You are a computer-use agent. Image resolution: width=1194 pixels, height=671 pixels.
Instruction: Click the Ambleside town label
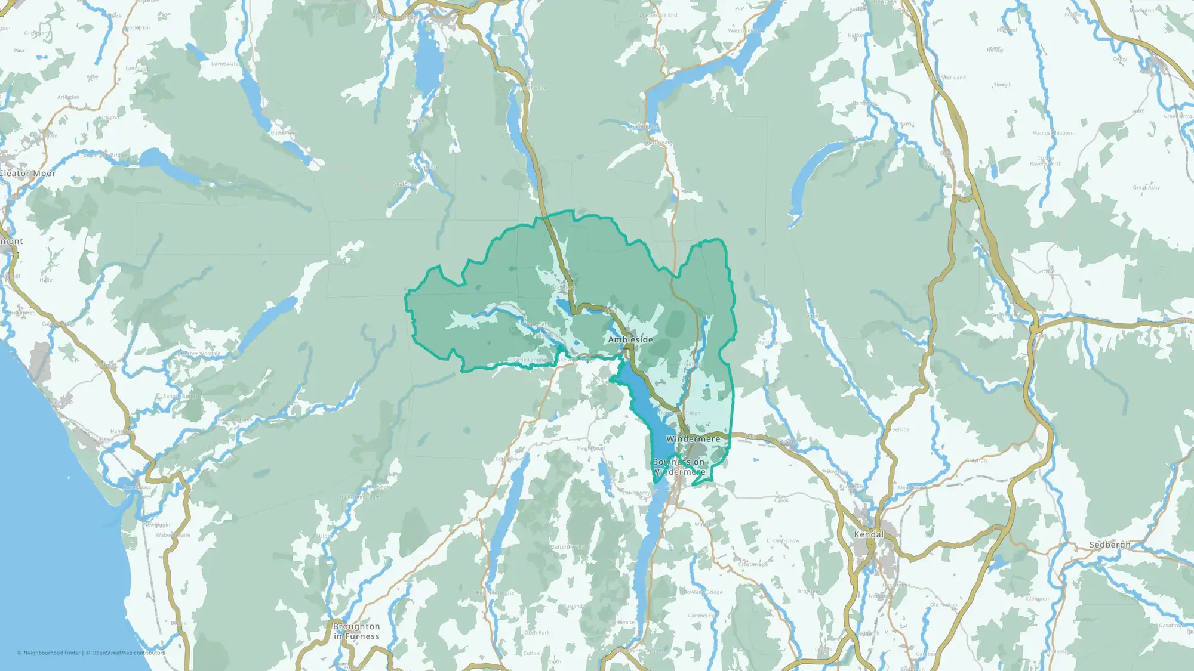pyautogui.click(x=630, y=339)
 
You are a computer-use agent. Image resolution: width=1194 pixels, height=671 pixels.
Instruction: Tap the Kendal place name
pyautogui.click(x=869, y=534)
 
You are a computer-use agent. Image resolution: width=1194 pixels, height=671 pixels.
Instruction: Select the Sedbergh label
pyautogui.click(x=1110, y=545)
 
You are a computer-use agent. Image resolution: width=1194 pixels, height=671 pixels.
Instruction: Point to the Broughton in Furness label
pyautogui.click(x=356, y=631)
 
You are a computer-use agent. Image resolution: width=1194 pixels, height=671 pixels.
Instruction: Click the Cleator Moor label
pyautogui.click(x=27, y=174)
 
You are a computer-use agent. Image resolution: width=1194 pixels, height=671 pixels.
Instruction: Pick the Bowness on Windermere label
pyautogui.click(x=679, y=466)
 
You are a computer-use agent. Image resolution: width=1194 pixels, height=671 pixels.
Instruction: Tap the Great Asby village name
pyautogui.click(x=1146, y=188)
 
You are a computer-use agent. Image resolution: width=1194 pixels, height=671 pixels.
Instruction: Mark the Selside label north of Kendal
pyautogui.click(x=900, y=429)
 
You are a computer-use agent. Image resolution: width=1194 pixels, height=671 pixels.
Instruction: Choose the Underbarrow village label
pyautogui.click(x=783, y=541)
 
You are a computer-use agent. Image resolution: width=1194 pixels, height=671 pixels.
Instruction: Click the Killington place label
pyautogui.click(x=1036, y=599)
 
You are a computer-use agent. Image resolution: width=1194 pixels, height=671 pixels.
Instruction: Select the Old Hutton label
pyautogui.click(x=943, y=605)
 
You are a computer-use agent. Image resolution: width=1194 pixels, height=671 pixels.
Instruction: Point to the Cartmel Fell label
pyautogui.click(x=703, y=616)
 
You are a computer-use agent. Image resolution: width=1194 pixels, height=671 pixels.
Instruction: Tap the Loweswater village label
pyautogui.click(x=226, y=64)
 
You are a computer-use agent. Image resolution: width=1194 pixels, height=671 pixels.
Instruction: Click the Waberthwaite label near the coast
pyautogui.click(x=173, y=535)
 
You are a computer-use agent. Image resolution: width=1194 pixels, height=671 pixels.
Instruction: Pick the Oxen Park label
pyautogui.click(x=537, y=633)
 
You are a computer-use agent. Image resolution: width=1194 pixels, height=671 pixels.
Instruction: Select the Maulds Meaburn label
pyautogui.click(x=1053, y=133)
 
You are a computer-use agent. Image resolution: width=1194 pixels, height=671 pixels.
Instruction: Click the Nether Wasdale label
pyautogui.click(x=199, y=354)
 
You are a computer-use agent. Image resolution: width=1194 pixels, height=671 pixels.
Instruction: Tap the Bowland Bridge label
pyautogui.click(x=703, y=592)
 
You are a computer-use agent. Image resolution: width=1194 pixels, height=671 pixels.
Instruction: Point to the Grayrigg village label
pyautogui.click(x=975, y=460)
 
